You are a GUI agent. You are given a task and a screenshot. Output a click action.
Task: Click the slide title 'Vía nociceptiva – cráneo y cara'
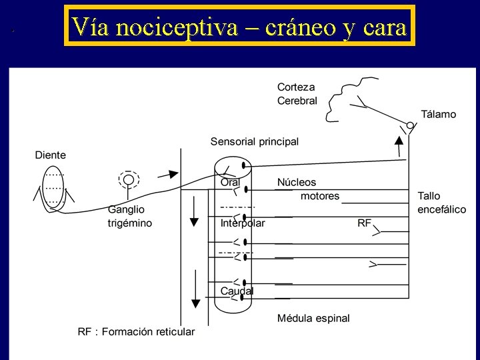coord(239,26)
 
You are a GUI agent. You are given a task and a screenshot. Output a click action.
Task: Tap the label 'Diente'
coord(51,155)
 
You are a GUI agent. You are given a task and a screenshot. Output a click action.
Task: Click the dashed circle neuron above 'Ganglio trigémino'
coord(127,179)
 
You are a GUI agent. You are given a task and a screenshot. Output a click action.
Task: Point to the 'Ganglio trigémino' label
coord(130,217)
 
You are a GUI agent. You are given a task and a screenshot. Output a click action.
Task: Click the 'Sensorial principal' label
coord(255,141)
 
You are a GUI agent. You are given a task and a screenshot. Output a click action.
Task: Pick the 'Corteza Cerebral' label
coord(297,93)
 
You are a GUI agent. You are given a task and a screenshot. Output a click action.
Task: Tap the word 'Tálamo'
coord(438,114)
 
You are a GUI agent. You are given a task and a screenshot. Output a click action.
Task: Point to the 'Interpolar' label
coord(243,223)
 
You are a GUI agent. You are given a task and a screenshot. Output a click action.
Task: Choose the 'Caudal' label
coord(237,291)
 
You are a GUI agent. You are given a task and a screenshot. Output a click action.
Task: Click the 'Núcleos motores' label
coord(307,189)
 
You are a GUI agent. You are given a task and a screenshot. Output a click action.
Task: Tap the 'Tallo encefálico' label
coord(441,202)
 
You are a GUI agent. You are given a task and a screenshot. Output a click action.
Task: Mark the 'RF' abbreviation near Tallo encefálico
coord(364,223)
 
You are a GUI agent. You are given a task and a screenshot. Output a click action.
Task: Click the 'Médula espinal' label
coord(313,318)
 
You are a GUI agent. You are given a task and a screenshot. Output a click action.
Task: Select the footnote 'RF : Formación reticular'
coord(136,331)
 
